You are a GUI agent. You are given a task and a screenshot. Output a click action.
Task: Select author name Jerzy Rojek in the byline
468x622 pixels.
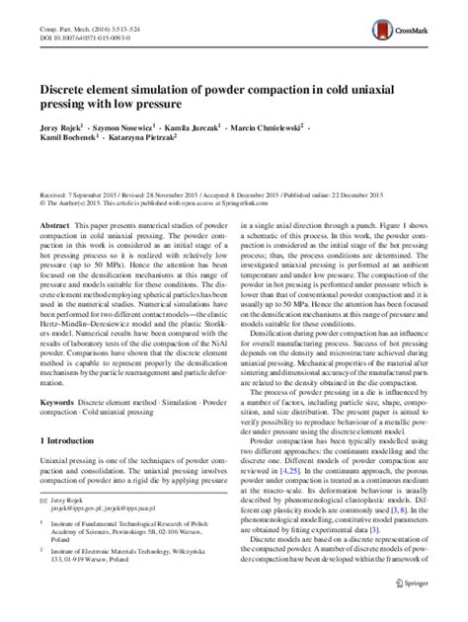click(x=83, y=129)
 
